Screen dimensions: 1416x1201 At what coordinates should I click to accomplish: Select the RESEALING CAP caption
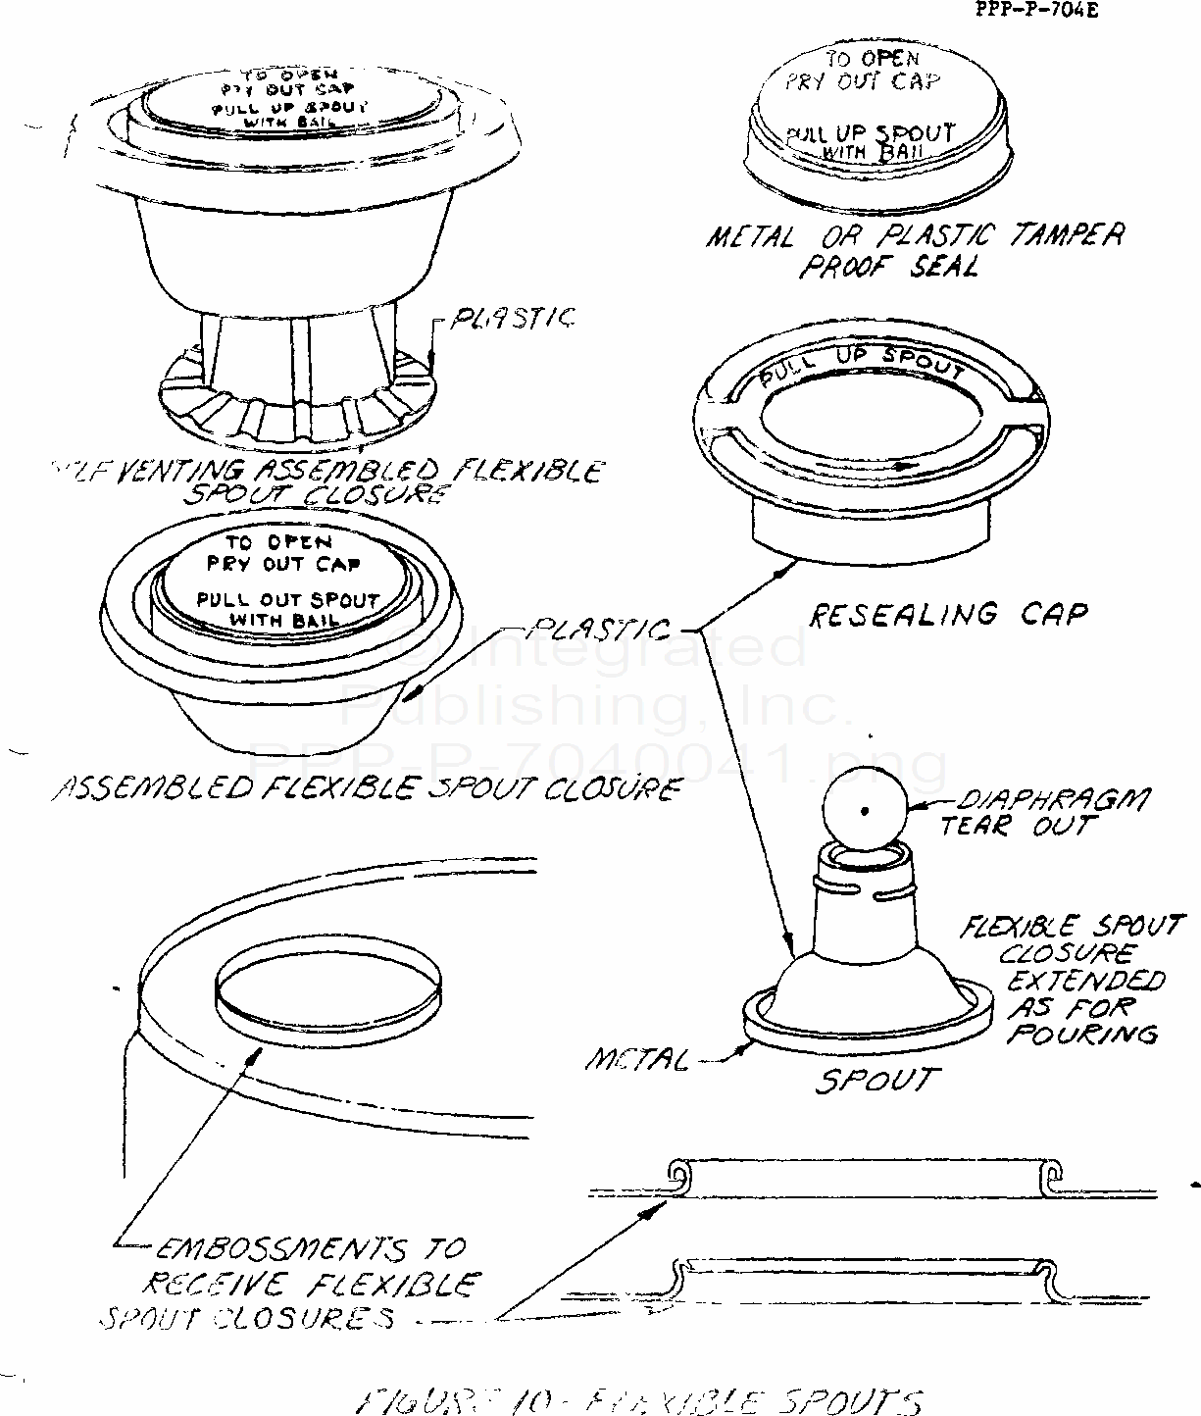point(948,615)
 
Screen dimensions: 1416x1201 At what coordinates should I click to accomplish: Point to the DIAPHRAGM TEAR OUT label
point(1041,813)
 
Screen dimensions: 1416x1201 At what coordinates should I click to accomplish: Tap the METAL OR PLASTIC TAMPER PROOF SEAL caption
point(915,250)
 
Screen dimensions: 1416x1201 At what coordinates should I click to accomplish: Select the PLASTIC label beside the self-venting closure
point(512,319)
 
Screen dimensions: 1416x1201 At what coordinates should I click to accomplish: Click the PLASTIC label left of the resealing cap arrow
point(601,629)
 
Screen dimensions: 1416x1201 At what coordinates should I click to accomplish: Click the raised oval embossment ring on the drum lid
point(326,990)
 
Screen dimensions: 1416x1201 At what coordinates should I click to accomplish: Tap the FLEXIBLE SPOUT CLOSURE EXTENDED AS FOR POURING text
point(1084,980)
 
